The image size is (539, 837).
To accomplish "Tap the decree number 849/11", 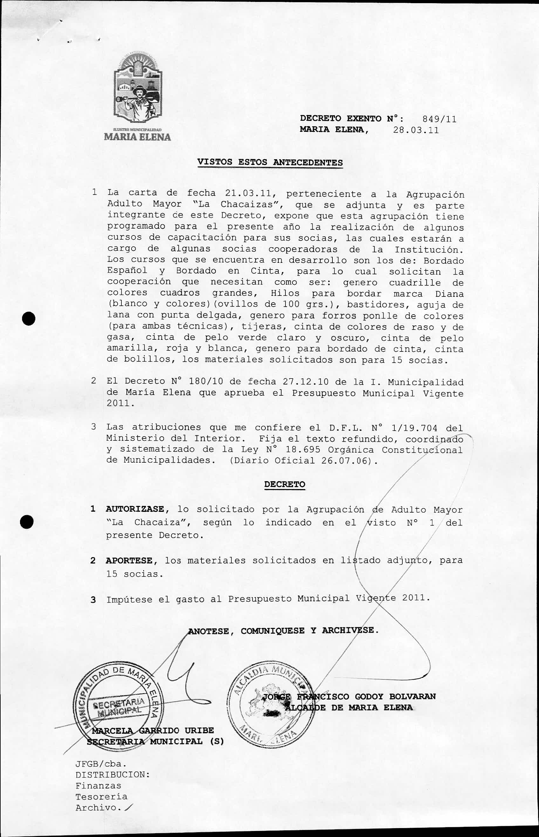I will (439, 119).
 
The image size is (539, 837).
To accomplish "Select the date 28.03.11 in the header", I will (416, 130).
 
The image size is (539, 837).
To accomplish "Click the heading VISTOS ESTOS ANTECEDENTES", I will (270, 162).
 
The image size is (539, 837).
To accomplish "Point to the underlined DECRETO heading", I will (284, 484).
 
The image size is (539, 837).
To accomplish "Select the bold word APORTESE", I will (129, 560).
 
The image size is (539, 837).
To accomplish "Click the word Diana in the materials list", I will (449, 293).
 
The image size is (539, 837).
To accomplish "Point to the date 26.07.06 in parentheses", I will (345, 460).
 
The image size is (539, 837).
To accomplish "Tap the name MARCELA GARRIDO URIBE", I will (153, 730).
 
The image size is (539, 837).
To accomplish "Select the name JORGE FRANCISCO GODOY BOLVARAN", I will (349, 696).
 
